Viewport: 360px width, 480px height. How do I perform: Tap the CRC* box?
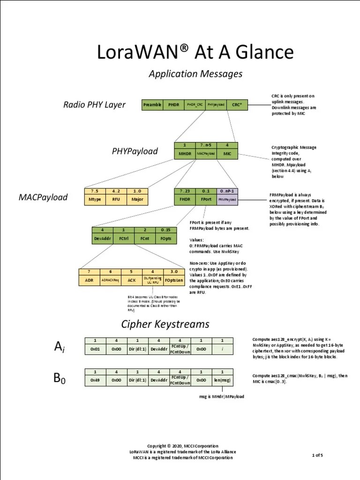(x=237, y=105)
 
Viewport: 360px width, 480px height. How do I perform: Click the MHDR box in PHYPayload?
(x=185, y=153)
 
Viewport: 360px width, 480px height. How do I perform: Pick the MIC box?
(x=227, y=153)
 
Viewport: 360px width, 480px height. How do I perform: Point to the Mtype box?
(x=95, y=199)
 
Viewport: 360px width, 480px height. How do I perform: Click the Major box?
(x=138, y=199)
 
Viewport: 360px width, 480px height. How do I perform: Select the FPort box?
(x=206, y=199)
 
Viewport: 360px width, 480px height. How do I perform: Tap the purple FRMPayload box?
(x=228, y=199)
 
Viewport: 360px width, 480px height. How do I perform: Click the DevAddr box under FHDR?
(x=102, y=238)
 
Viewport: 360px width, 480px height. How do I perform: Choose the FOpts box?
(x=166, y=238)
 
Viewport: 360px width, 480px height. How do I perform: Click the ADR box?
(x=89, y=280)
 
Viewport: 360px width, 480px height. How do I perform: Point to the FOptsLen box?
(x=175, y=280)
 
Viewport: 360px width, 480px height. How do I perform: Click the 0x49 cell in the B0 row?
(x=95, y=380)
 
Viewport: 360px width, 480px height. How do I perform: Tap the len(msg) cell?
(x=222, y=380)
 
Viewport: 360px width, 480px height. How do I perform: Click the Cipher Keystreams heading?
(x=165, y=324)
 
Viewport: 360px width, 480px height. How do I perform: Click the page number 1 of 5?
(x=317, y=455)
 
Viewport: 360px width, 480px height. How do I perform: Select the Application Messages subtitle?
(x=195, y=74)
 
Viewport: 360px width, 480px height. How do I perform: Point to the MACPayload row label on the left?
(x=44, y=197)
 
